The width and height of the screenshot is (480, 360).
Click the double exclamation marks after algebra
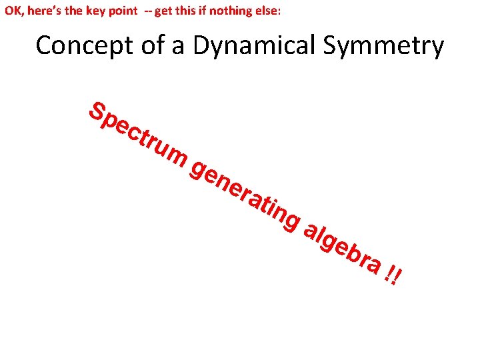click(395, 275)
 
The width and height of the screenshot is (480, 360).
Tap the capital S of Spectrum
click(99, 113)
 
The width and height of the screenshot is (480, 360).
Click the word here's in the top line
click(42, 11)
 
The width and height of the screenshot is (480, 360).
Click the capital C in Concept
click(44, 46)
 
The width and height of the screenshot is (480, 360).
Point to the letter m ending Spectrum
click(174, 157)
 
